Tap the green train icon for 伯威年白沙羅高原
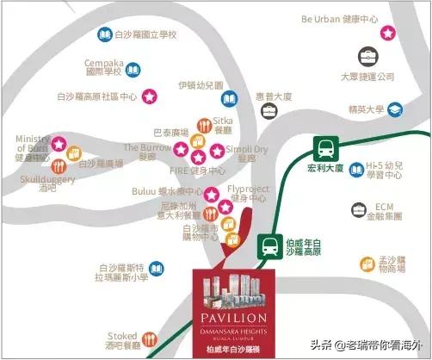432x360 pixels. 269,245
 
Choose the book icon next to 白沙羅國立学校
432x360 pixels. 104,34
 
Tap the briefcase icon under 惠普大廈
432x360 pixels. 268,111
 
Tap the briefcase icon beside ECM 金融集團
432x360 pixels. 356,209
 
